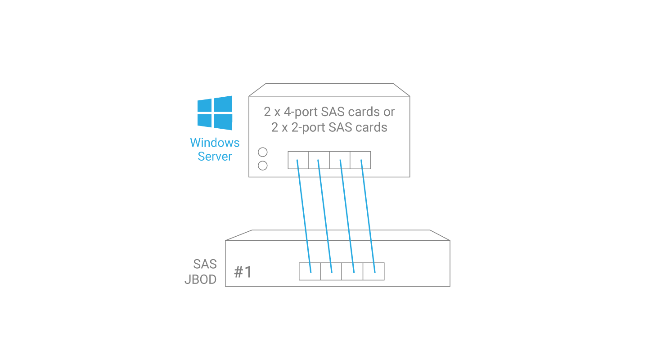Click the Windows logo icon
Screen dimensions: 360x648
click(215, 112)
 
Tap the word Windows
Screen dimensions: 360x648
click(215, 143)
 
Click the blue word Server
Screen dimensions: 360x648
click(215, 157)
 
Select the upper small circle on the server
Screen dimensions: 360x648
click(263, 152)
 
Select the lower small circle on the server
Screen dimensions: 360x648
click(263, 166)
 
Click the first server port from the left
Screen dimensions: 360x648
click(298, 160)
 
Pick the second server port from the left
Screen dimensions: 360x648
click(319, 160)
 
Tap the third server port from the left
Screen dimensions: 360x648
click(340, 160)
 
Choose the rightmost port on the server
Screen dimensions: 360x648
click(360, 160)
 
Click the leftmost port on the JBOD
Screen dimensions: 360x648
click(310, 271)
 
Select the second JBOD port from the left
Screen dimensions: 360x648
click(331, 271)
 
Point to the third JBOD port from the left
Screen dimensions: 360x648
click(352, 271)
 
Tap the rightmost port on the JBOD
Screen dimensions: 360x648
click(373, 271)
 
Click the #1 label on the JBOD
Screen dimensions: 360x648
click(243, 272)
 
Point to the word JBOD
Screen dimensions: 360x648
click(201, 279)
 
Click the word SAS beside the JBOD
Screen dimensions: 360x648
click(205, 264)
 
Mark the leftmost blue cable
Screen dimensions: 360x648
click(304, 216)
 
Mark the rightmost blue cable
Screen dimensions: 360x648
click(368, 216)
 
